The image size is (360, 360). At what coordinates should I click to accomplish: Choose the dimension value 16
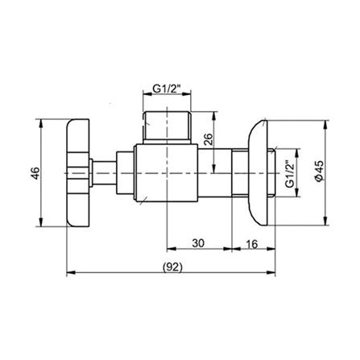[x=250, y=241]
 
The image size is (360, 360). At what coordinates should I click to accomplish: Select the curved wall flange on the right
[x=259, y=171]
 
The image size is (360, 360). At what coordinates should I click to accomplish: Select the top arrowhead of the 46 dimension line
[x=42, y=121]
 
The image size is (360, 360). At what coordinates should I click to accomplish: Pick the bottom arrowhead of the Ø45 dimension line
[x=326, y=226]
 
